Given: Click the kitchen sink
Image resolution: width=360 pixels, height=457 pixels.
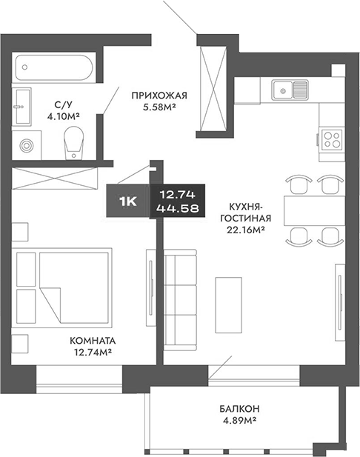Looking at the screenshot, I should click(x=290, y=90).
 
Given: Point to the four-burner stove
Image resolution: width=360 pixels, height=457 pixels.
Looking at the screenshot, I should click(x=330, y=139).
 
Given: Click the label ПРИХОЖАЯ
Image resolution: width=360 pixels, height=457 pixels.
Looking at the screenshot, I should click(x=159, y=95).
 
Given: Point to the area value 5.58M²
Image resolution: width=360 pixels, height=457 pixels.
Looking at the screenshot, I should click(x=159, y=108).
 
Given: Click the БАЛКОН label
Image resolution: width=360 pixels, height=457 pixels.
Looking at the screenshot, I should click(x=239, y=409).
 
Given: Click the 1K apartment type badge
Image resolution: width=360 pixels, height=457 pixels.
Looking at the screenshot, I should click(x=128, y=200).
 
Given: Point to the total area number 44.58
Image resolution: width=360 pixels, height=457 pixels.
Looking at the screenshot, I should click(x=177, y=208).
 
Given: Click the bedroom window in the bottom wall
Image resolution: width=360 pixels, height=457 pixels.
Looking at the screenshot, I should click(x=79, y=381).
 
